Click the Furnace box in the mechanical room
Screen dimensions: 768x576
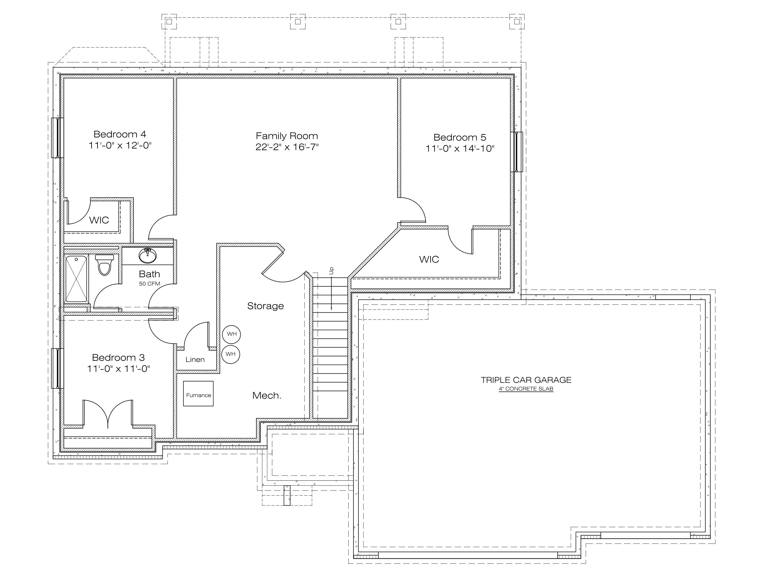pyautogui.click(x=198, y=394)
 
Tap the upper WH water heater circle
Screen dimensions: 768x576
pyautogui.click(x=231, y=334)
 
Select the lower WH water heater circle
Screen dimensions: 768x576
pyautogui.click(x=230, y=354)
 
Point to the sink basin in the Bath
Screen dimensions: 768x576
pyautogui.click(x=148, y=256)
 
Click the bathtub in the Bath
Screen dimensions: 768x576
pyautogui.click(x=76, y=279)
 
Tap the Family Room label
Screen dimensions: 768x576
pyautogui.click(x=287, y=136)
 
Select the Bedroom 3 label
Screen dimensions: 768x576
pyautogui.click(x=118, y=358)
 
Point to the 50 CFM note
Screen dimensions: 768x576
pyautogui.click(x=150, y=284)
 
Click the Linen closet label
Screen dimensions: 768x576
pyautogui.click(x=195, y=360)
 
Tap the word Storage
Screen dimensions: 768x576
pyautogui.click(x=266, y=306)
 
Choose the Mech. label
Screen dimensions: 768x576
pyautogui.click(x=267, y=395)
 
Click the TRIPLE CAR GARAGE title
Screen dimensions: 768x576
pyautogui.click(x=526, y=380)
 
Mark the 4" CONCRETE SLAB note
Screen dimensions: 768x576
pyautogui.click(x=526, y=389)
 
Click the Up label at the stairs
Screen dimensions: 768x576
pyautogui.click(x=331, y=271)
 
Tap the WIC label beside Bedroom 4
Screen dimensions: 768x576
pyautogui.click(x=99, y=220)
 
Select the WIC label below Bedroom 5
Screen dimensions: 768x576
pyautogui.click(x=429, y=259)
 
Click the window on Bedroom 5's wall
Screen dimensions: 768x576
pyautogui.click(x=517, y=152)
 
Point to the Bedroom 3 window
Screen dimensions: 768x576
pyautogui.click(x=58, y=368)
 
